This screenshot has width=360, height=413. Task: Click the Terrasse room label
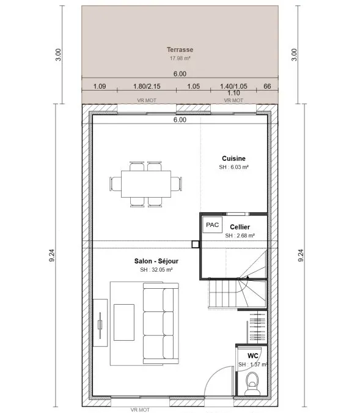(180, 50)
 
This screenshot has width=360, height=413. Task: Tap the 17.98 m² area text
(180, 58)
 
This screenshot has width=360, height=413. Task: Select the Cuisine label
(233, 158)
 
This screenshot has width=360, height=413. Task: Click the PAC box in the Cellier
(212, 225)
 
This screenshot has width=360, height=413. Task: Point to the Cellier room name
(240, 227)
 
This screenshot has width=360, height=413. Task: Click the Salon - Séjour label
(156, 261)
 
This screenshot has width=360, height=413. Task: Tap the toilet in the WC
(252, 383)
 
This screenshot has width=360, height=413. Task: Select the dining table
(146, 184)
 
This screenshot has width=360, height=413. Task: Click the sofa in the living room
(161, 323)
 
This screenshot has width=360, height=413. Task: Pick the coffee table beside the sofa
(124, 322)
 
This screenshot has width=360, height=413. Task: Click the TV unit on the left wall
(100, 322)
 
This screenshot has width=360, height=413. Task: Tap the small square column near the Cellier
(195, 244)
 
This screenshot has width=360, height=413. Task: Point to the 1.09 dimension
(100, 86)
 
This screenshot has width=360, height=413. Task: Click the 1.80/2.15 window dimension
(147, 86)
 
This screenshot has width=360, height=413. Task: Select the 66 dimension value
(267, 86)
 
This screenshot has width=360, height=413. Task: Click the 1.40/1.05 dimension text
(233, 86)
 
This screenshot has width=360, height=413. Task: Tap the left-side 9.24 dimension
(51, 255)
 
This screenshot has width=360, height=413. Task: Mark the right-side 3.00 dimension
(294, 54)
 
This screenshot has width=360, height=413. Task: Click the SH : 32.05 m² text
(156, 270)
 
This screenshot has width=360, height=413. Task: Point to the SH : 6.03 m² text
(233, 167)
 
